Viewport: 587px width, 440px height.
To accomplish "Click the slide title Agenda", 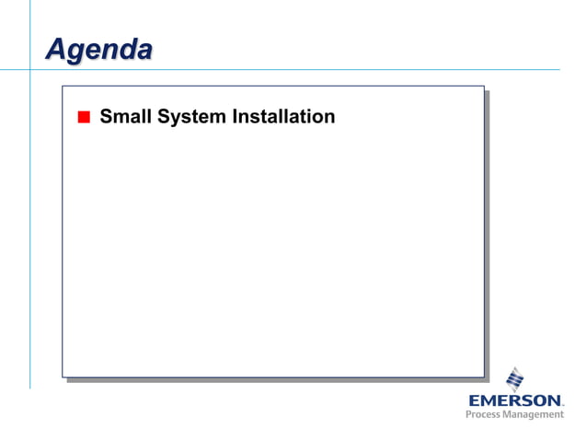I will tap(98, 49).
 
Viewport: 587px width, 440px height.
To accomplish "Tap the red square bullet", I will tap(83, 117).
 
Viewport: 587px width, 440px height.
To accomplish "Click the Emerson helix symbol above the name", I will tap(515, 379).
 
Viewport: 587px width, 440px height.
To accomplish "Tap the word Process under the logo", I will tap(484, 415).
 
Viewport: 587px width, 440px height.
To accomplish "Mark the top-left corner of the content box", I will tap(63, 87).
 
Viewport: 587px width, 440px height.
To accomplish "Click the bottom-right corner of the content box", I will tap(483, 376).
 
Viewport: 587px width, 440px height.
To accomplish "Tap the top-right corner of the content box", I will tap(483, 87).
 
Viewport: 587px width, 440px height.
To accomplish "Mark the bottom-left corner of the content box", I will tap(63, 376).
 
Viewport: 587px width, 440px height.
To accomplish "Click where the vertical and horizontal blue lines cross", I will tap(29, 69).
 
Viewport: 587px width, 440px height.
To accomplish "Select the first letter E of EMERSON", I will tap(474, 400).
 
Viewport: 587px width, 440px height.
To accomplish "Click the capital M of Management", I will tap(509, 415).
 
